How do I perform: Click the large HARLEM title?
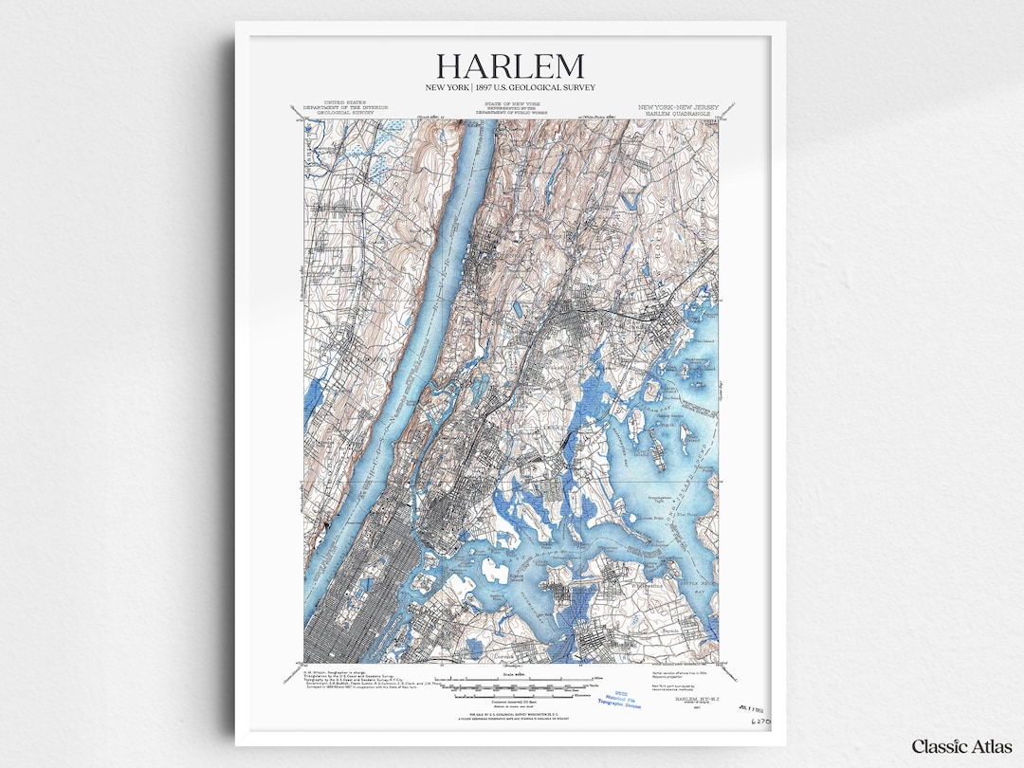coord(510,67)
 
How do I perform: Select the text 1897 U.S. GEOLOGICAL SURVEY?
coord(539,88)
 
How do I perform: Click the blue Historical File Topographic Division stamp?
coord(623,700)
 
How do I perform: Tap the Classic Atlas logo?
coord(959,746)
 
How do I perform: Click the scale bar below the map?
coord(513,681)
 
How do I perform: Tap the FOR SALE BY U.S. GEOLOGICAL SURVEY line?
coord(512,712)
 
